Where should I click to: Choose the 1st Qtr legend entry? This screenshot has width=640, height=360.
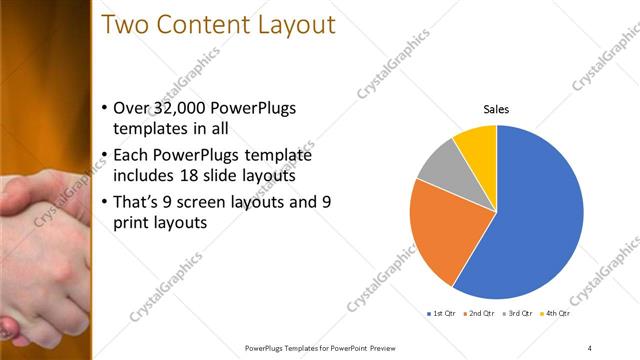(x=442, y=313)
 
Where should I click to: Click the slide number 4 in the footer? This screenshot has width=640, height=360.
(x=589, y=348)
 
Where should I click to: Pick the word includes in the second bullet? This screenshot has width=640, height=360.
(x=146, y=177)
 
